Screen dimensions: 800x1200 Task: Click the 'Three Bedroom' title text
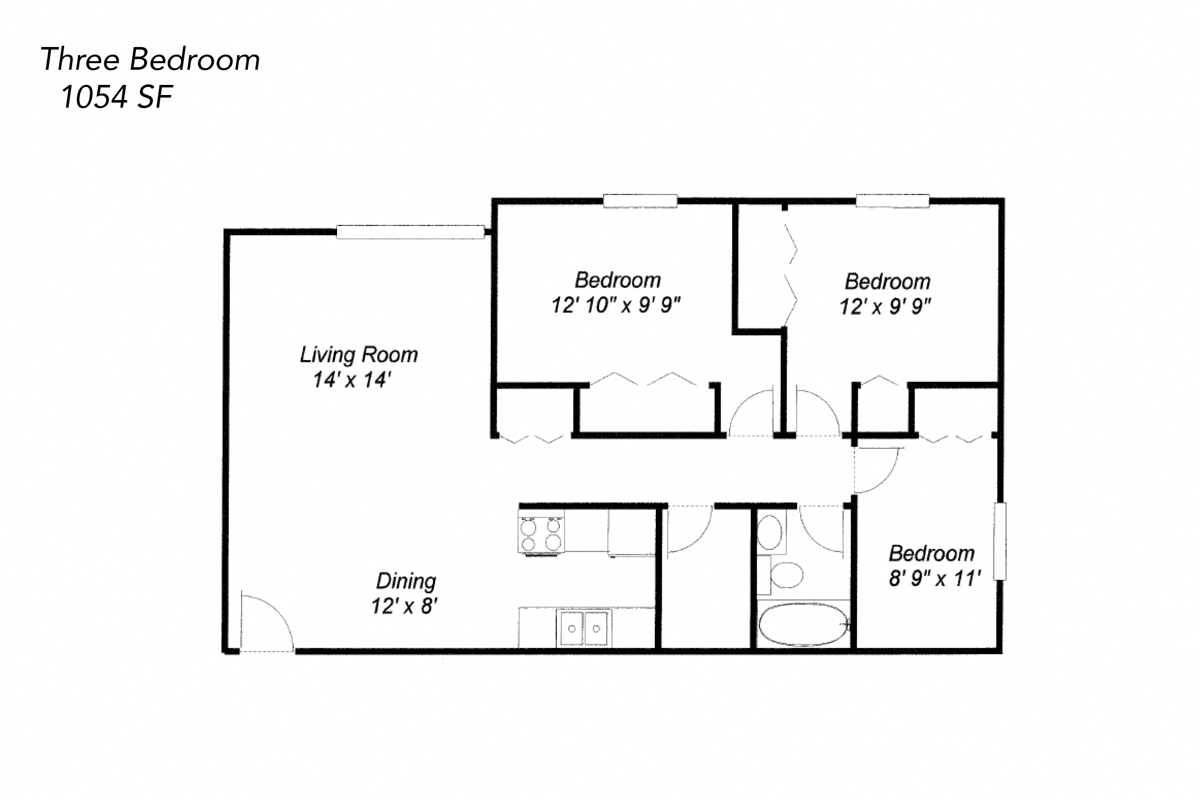coord(150,60)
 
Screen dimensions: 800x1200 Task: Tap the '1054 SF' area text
coord(117,97)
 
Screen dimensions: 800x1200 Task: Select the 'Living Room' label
coord(359,355)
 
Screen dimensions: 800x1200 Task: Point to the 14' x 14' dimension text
coord(352,380)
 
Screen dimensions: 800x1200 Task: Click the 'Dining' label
coord(406,581)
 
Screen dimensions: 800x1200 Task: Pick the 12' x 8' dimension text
coord(405,606)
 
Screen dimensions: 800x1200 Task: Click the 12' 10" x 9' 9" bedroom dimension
coord(616,306)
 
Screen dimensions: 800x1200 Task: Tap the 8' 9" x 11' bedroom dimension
coord(935,579)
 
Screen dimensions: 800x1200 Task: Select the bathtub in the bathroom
coord(803,625)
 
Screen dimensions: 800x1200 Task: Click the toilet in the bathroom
coord(786,575)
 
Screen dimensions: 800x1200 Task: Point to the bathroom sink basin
coord(770,533)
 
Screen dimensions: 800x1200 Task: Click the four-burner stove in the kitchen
coord(541,534)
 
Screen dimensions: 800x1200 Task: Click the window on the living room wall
coord(410,232)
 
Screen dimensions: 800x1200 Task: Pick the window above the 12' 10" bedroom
coord(640,201)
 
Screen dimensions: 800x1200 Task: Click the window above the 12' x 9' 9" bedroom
coord(892,201)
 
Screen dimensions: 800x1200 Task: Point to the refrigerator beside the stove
coord(632,532)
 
